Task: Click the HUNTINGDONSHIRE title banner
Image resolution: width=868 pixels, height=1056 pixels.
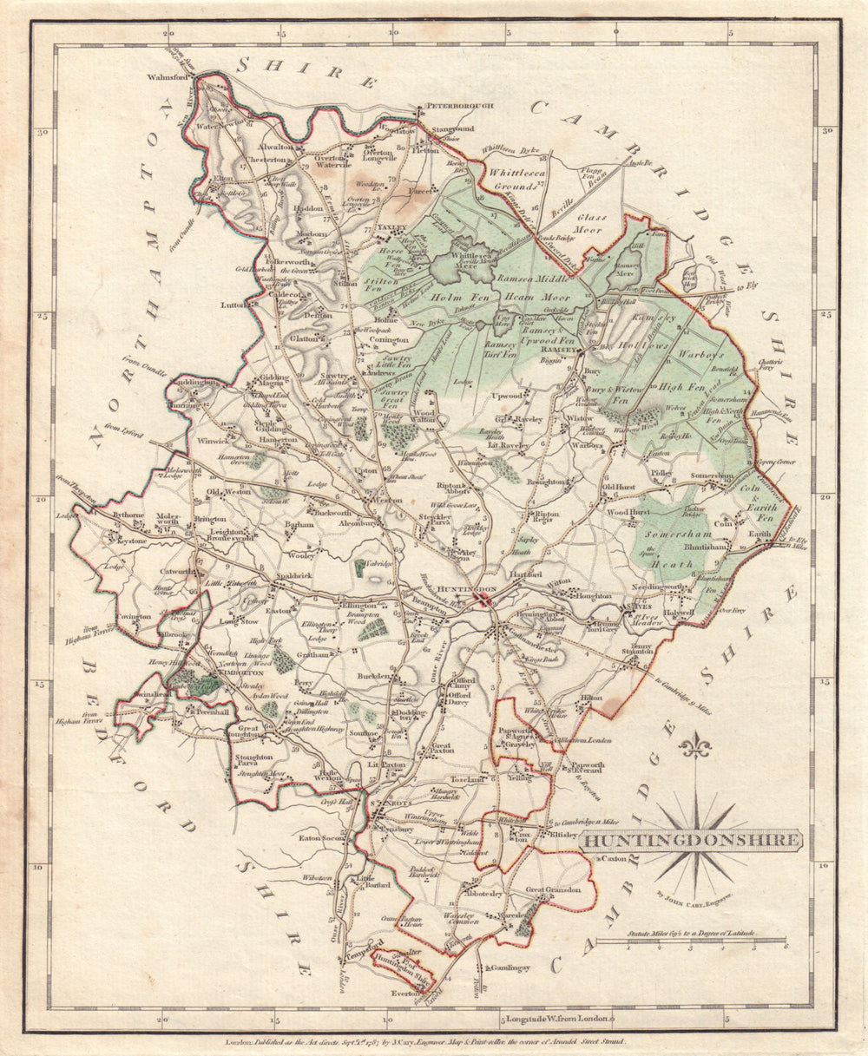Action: point(692,839)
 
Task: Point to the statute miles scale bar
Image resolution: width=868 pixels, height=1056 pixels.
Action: point(705,941)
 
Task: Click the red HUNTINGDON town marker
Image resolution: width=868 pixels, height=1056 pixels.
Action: point(488,598)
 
